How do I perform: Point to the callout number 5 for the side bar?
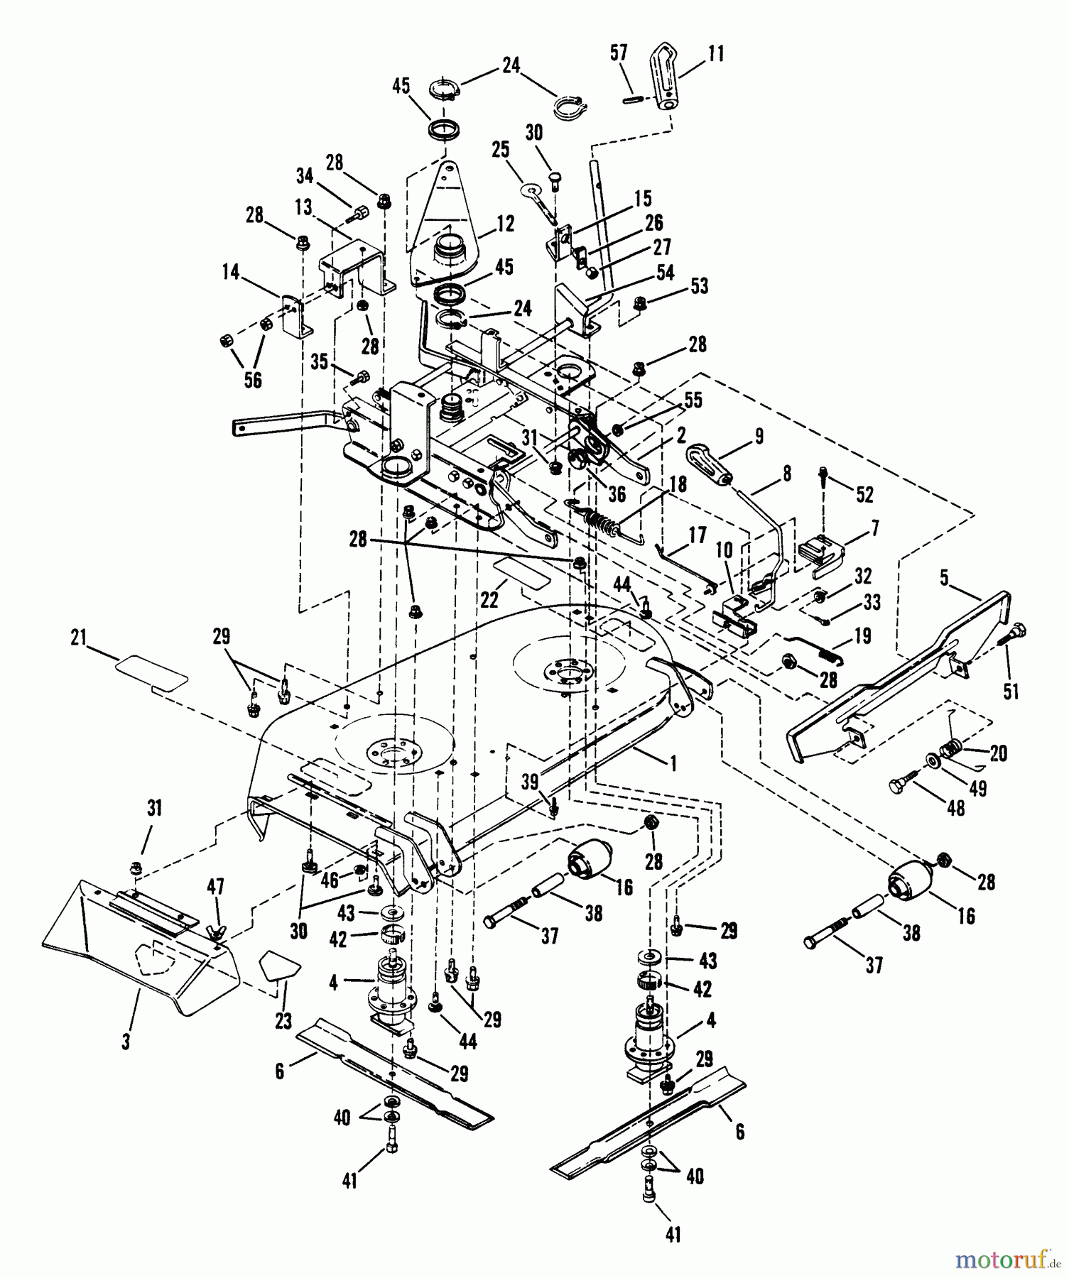pyautogui.click(x=943, y=578)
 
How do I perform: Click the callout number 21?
pyautogui.click(x=78, y=636)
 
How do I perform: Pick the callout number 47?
pyautogui.click(x=215, y=886)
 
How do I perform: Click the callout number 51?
pyautogui.click(x=1011, y=691)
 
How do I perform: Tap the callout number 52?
pyautogui.click(x=864, y=494)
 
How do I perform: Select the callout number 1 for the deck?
pyautogui.click(x=672, y=763)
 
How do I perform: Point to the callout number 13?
pyautogui.click(x=303, y=207)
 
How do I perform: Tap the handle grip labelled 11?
pyautogui.click(x=672, y=86)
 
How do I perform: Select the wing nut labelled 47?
pyautogui.click(x=215, y=930)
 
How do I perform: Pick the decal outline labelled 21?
pyautogui.click(x=152, y=673)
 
